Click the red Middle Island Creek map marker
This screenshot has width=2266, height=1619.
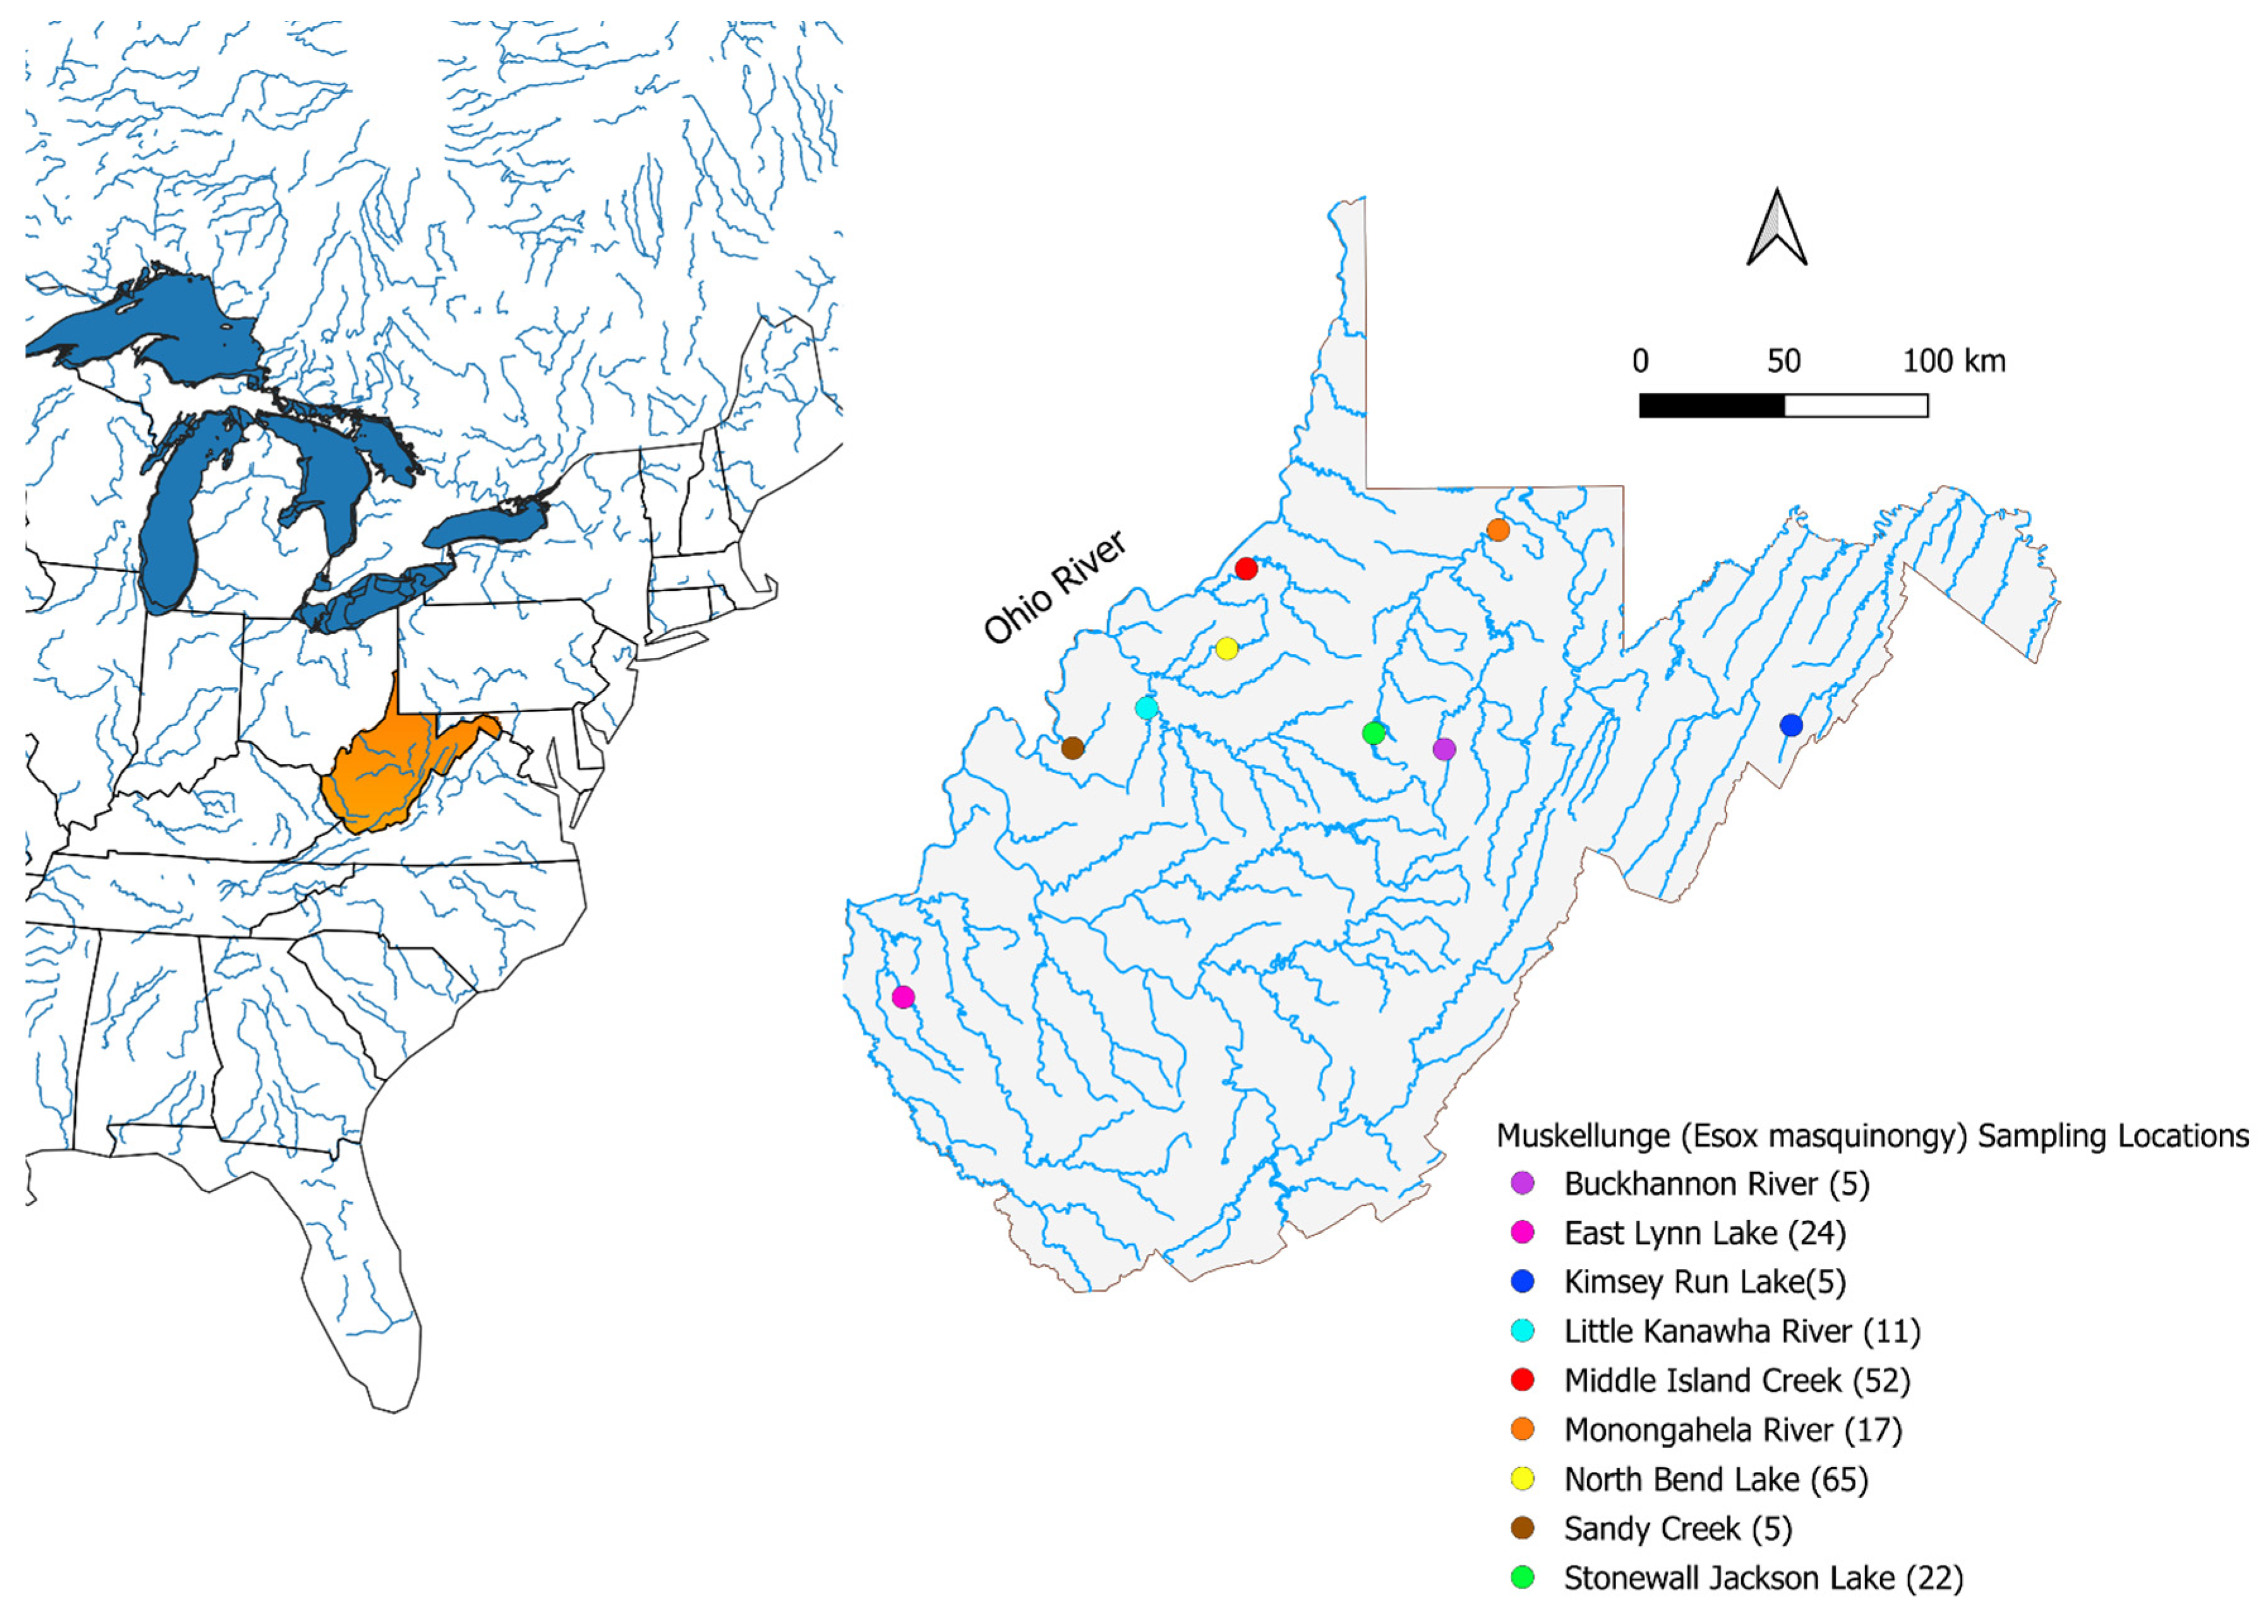point(1245,568)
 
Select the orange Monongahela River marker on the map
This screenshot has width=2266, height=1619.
point(1497,529)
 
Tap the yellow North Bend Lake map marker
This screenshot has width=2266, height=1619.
point(1226,648)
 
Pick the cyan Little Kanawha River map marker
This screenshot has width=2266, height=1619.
point(1146,708)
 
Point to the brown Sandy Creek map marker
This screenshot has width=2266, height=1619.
point(1072,748)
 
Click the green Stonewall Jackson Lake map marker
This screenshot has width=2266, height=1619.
point(1374,732)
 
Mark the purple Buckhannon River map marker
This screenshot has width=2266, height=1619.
point(1444,749)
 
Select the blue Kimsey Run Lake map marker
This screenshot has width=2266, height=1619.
point(1790,725)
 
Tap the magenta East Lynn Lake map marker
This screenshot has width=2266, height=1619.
point(903,996)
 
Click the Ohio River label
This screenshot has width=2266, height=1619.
point(1055,586)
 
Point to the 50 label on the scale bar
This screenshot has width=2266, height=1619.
point(1783,361)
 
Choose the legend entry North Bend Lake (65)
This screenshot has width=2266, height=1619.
point(1715,1478)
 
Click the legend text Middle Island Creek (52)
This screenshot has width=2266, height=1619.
point(1735,1380)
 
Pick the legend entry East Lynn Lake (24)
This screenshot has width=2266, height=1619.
point(1704,1232)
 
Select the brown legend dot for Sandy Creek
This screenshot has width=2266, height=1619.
point(1522,1527)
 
